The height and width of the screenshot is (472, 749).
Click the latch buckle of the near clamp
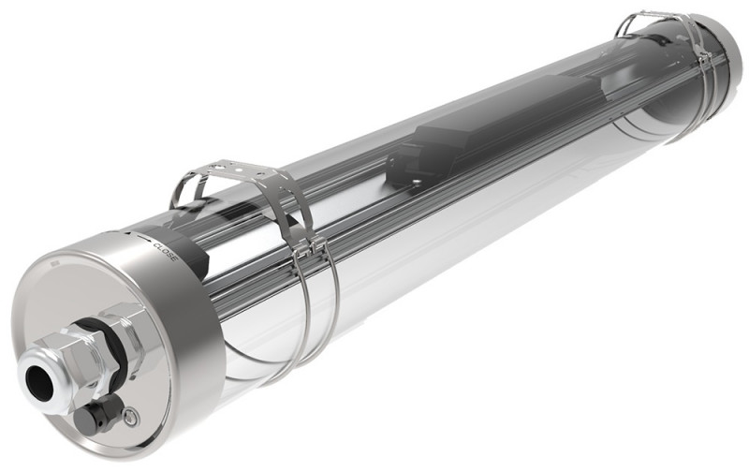click(309, 249)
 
